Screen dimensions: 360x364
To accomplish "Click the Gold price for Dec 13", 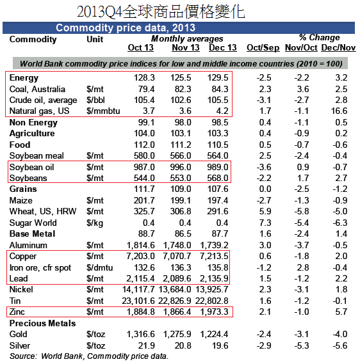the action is coord(214,334).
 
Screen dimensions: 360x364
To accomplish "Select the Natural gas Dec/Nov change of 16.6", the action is coord(339,111).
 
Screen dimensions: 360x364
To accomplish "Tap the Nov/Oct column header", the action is coord(301,47).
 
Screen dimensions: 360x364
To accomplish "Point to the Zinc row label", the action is coord(17,312).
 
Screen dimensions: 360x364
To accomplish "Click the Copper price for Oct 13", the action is coord(140,256).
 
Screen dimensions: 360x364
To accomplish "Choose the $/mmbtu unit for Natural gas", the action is coord(103,111).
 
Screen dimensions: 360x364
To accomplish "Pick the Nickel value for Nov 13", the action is coord(175,290).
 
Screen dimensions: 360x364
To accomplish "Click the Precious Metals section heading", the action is coord(42,323).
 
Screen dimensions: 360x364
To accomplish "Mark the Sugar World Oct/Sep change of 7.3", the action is coord(265,223).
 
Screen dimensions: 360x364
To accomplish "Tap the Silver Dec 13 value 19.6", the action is coord(220,345).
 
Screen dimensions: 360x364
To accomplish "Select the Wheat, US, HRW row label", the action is coord(43,211).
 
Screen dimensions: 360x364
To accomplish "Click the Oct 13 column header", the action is coord(141,47).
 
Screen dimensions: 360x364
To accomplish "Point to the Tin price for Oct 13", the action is coord(138,301).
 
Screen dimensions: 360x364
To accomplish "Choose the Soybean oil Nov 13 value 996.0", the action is coord(181,167).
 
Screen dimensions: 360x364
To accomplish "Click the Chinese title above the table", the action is coord(161,12).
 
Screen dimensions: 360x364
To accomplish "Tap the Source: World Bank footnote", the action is coord(89,356).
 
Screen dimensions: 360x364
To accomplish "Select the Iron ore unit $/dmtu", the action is coord(99,267).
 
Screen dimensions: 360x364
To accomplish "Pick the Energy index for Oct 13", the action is coord(144,77).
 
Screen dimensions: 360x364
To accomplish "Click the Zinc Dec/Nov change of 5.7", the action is coord(341,312).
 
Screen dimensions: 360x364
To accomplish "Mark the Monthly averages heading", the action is coord(187,38).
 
